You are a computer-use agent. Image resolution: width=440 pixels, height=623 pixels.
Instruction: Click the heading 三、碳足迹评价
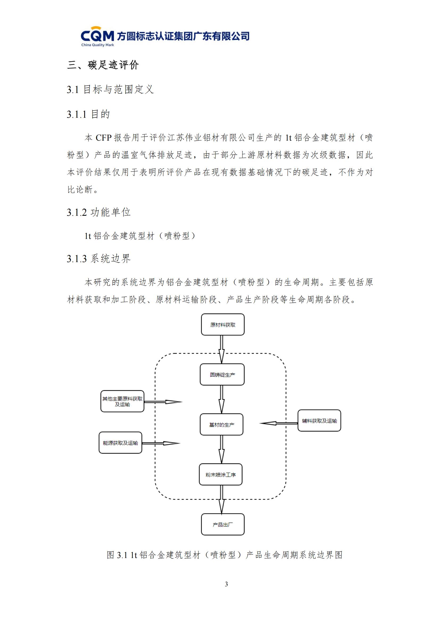tap(103, 65)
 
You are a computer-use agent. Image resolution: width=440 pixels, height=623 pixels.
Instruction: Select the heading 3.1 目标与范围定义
tap(110, 89)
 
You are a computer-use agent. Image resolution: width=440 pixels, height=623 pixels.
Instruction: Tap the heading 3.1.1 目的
tap(88, 114)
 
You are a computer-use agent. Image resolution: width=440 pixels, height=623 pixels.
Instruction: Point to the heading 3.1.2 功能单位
tap(99, 212)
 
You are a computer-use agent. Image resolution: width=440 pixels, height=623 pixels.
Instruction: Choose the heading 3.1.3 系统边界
tap(99, 259)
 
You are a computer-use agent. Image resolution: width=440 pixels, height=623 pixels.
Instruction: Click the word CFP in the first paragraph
tap(103, 138)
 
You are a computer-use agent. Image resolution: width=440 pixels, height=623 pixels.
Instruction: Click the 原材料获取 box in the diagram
tap(222, 325)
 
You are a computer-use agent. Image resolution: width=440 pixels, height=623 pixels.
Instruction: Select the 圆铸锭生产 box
tap(222, 375)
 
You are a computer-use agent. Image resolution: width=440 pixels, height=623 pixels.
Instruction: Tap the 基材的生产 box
tap(221, 425)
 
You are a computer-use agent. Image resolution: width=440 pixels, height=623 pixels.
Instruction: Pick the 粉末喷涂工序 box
tap(221, 475)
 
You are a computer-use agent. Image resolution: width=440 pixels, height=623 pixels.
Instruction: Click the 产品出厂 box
tap(222, 524)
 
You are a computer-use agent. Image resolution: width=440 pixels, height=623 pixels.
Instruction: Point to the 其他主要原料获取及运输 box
tap(122, 401)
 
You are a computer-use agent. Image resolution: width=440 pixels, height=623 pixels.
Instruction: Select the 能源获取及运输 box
tap(120, 443)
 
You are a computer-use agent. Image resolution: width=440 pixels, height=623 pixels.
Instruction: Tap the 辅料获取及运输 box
tap(319, 421)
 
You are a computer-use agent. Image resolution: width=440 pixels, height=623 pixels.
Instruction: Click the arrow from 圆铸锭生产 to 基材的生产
tap(222, 399)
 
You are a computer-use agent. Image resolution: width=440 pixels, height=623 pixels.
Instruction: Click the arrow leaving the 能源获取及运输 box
tap(161, 443)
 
